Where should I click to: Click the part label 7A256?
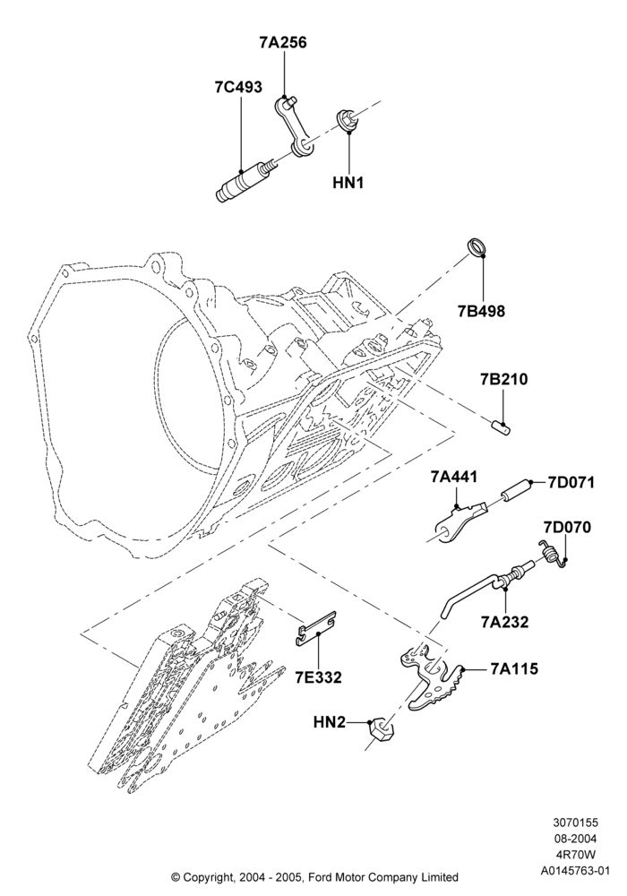(283, 42)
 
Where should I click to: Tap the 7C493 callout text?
(238, 87)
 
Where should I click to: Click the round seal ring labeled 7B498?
(477, 246)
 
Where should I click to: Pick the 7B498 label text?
(481, 311)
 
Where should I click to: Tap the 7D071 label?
(571, 482)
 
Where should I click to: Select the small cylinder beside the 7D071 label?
(516, 490)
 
